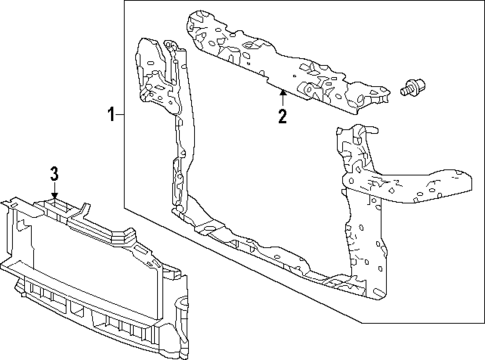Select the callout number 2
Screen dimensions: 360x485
(x=282, y=117)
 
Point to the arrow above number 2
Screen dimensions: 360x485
(x=282, y=97)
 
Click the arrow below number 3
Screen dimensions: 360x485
(x=56, y=194)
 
